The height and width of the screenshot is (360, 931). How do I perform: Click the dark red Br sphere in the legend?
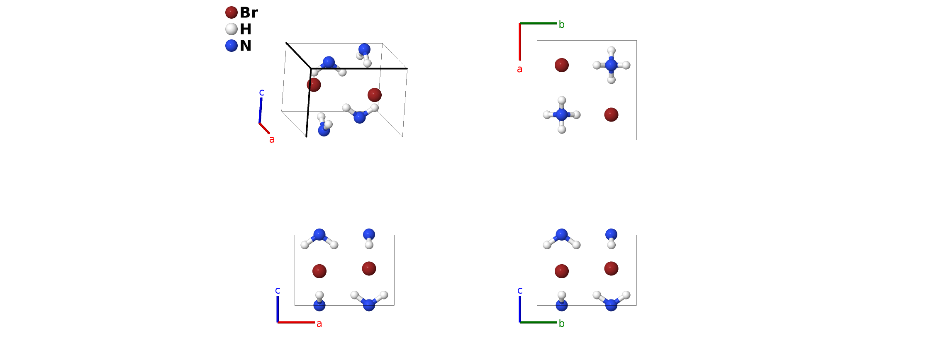click(231, 12)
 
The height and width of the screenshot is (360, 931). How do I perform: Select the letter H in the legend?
click(246, 29)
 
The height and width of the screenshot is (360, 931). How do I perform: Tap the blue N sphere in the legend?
click(231, 46)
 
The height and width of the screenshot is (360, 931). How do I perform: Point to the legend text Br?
click(249, 12)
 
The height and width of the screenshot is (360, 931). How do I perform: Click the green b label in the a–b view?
click(561, 24)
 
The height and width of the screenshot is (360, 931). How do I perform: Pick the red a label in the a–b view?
click(519, 69)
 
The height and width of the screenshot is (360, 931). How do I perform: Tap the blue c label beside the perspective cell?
click(261, 92)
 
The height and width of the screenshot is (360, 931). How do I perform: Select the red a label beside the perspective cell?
click(272, 139)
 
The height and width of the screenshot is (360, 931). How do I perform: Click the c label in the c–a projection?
click(278, 290)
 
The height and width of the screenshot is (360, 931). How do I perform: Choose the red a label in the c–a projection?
click(319, 324)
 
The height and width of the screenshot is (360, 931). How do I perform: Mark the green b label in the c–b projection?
click(561, 324)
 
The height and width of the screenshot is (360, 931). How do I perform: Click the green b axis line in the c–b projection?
click(539, 322)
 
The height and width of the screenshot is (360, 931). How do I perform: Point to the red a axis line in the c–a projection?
click(296, 322)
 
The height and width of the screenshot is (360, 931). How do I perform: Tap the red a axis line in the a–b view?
click(520, 41)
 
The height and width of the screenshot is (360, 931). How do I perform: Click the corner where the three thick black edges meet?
click(311, 68)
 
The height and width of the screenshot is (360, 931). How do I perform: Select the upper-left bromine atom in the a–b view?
click(561, 65)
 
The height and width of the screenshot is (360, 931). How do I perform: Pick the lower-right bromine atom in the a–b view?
click(611, 114)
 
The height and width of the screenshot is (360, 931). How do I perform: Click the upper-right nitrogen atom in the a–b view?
click(611, 65)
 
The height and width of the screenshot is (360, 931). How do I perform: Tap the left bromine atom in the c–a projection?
click(319, 271)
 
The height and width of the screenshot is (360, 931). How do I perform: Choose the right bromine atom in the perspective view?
click(374, 95)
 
